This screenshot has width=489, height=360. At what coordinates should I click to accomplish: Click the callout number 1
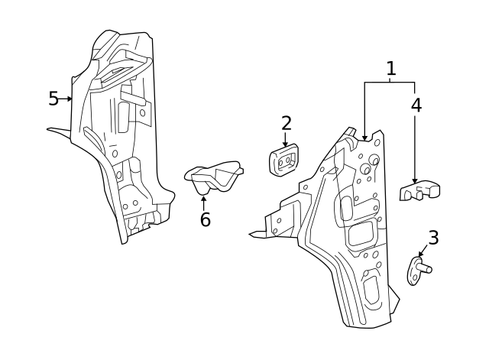391,69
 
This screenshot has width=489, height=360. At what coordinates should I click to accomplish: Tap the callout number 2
286,123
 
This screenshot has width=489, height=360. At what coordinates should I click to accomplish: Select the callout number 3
433,238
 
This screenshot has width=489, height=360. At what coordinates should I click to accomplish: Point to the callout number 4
416,105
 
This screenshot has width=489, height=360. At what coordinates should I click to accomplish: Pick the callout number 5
53,99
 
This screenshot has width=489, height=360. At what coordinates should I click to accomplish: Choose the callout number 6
205,220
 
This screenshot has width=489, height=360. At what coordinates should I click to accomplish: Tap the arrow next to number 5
67,99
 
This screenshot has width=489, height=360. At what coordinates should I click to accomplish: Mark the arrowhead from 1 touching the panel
365,138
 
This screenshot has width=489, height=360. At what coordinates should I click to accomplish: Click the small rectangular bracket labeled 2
283,161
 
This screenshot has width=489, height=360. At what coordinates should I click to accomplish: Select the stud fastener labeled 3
418,270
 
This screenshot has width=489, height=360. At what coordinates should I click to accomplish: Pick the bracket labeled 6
214,177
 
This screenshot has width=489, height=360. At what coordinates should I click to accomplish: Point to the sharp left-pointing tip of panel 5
49,129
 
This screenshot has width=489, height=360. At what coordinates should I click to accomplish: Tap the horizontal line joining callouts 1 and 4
390,82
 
